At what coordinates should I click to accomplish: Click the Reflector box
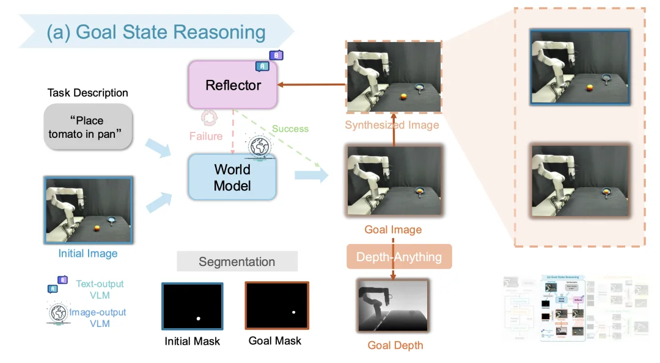(233, 85)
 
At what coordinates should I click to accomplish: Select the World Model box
(232, 177)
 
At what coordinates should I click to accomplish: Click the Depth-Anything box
(399, 257)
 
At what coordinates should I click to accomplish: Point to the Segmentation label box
(237, 262)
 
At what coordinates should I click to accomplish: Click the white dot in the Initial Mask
(198, 318)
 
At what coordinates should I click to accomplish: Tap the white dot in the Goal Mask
(294, 312)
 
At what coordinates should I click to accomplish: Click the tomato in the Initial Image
(97, 229)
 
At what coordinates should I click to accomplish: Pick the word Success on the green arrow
(290, 129)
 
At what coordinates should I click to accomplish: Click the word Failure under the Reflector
(206, 136)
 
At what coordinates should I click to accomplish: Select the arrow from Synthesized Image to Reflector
(312, 85)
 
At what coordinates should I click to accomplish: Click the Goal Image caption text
(393, 230)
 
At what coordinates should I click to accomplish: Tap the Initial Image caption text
(88, 253)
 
